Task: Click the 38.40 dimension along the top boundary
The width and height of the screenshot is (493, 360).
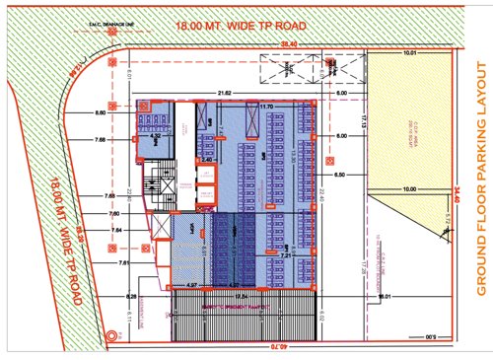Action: click(288, 44)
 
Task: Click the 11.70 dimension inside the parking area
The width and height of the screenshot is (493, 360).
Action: click(266, 106)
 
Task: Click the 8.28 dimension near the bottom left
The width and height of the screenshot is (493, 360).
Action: click(130, 295)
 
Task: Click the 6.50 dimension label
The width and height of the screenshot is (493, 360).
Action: click(342, 174)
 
